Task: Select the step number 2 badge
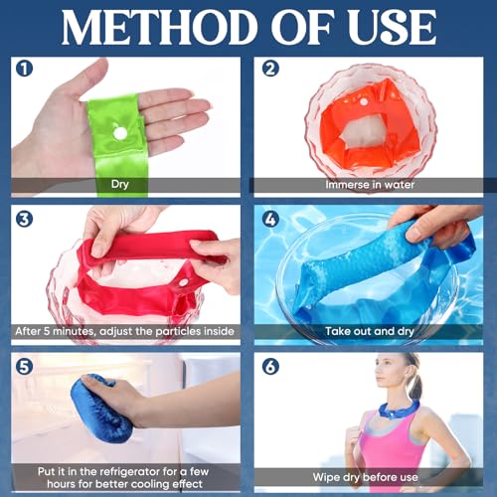tap(267, 71)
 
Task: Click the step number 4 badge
tap(267, 219)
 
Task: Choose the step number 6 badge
tap(267, 367)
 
